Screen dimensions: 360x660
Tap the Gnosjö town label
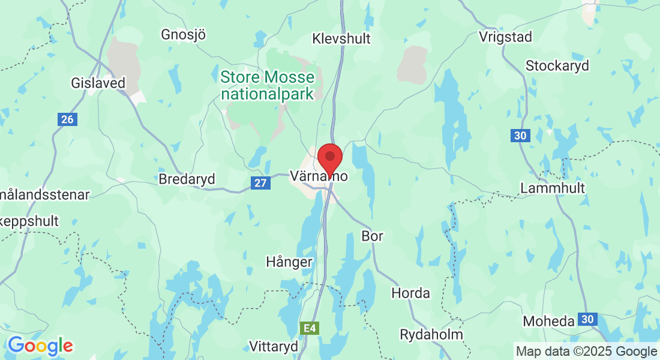click(183, 35)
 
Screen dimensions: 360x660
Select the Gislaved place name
click(98, 83)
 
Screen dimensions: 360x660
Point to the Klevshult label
click(341, 39)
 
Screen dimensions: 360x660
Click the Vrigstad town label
click(505, 37)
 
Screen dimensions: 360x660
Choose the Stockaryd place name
click(557, 65)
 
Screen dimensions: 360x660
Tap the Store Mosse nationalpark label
click(267, 85)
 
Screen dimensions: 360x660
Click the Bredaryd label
click(186, 179)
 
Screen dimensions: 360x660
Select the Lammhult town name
click(552, 188)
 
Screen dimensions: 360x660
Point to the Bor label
click(372, 236)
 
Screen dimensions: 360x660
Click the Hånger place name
click(289, 262)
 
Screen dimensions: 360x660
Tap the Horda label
click(410, 293)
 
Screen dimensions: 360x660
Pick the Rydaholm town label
click(431, 335)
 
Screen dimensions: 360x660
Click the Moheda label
click(548, 322)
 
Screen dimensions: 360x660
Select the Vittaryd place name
click(274, 346)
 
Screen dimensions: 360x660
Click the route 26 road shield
click(67, 120)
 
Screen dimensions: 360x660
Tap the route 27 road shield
click(260, 183)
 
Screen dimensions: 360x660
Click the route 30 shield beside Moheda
click(589, 319)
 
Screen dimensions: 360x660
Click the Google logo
click(40, 346)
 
